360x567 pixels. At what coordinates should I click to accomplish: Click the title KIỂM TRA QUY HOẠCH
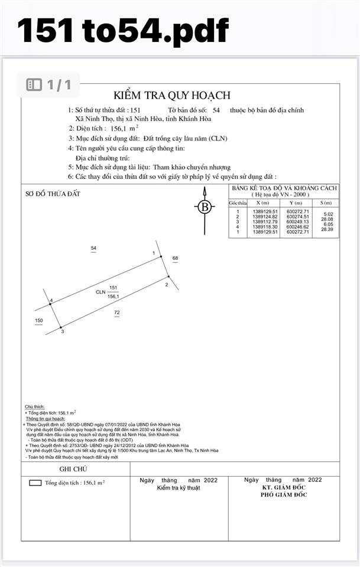172,95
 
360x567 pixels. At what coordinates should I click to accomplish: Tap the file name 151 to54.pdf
123,31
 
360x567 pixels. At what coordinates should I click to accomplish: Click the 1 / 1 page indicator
49,84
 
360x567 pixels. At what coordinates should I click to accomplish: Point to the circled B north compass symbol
205,207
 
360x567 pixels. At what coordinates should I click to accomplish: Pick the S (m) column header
326,202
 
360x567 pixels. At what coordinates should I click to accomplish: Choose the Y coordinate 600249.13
297,221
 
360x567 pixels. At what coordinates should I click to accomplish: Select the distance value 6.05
328,224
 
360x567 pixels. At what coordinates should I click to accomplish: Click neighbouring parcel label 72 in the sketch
117,312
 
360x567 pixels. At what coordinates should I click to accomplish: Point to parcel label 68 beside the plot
175,258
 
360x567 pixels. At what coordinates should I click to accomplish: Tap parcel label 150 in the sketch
39,321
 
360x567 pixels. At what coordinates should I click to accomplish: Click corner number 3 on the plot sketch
63,332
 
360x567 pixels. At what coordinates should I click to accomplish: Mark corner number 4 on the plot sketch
51,301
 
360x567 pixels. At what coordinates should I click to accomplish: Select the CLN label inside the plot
100,292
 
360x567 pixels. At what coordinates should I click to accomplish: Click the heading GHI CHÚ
73,468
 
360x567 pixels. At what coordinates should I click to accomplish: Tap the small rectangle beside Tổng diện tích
35,483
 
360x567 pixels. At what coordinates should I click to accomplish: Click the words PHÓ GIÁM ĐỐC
284,495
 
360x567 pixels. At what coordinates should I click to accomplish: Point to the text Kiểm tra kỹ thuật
179,488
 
